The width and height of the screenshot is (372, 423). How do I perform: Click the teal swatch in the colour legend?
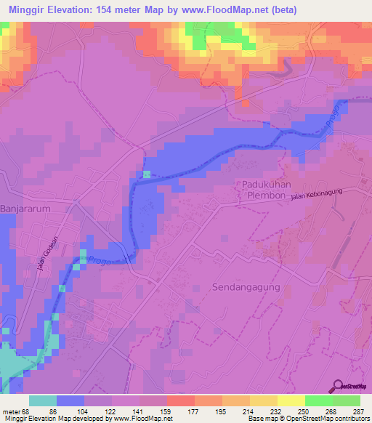(43, 400)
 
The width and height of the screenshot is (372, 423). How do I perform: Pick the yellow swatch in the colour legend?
(291, 400)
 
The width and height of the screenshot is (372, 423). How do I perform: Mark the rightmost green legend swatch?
(347, 400)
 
